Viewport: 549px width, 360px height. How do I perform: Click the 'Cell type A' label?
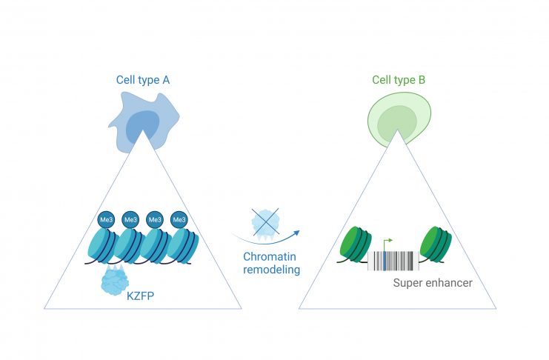pyautogui.click(x=143, y=80)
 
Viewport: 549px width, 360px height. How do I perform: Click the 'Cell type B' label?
pyautogui.click(x=399, y=80)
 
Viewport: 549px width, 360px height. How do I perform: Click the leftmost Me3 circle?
pyautogui.click(x=106, y=219)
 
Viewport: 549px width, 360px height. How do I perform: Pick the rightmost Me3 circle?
pyautogui.click(x=179, y=219)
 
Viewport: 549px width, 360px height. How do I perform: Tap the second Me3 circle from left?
pyautogui.click(x=130, y=219)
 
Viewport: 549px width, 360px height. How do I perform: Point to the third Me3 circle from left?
pyautogui.click(x=155, y=219)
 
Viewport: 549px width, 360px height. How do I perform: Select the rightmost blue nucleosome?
pyautogui.click(x=183, y=246)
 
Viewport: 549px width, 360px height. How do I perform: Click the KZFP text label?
pyautogui.click(x=140, y=296)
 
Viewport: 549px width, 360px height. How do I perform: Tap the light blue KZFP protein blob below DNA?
pyautogui.click(x=115, y=280)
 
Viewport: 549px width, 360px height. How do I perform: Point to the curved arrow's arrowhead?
pyautogui.click(x=296, y=233)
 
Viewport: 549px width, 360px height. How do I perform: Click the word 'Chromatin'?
pyautogui.click(x=270, y=257)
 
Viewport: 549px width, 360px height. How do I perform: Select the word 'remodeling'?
pyautogui.click(x=272, y=270)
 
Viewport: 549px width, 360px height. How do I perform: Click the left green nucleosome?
pyautogui.click(x=356, y=244)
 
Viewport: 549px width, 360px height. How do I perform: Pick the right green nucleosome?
pyautogui.click(x=435, y=244)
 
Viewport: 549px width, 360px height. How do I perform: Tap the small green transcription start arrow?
pyautogui.click(x=387, y=244)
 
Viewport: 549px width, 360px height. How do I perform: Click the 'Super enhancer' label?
pyautogui.click(x=433, y=283)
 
